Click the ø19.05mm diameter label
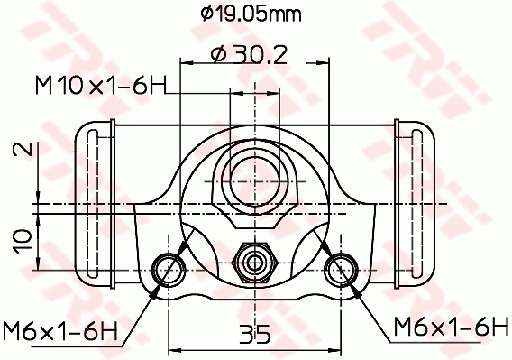point(251,14)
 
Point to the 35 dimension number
point(255,335)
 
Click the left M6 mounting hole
point(168,267)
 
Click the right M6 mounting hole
point(342,267)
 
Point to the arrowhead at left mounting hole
point(160,286)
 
